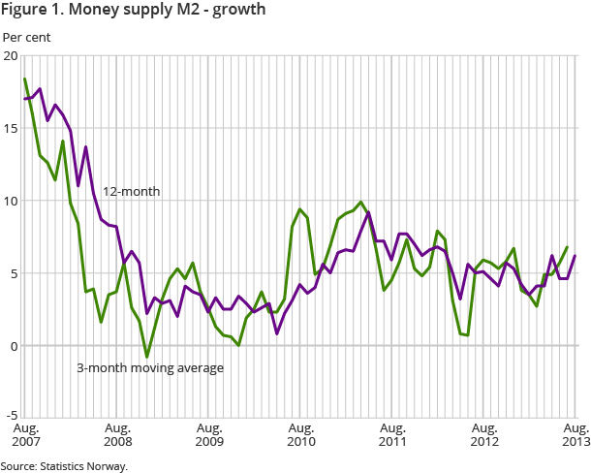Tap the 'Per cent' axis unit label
(26, 38)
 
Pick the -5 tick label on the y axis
(10, 419)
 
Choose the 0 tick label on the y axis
(13, 346)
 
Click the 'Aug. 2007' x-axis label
(25, 434)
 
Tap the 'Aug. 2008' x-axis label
(117, 434)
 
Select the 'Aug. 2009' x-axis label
(209, 434)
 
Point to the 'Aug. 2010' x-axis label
(301, 434)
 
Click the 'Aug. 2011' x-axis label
(392, 434)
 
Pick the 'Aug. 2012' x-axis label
(484, 434)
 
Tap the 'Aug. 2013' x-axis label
(575, 434)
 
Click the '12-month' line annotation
(132, 192)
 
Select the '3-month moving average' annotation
(150, 367)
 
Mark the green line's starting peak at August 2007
(25, 79)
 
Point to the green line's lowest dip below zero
(147, 357)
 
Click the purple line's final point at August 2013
(575, 256)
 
